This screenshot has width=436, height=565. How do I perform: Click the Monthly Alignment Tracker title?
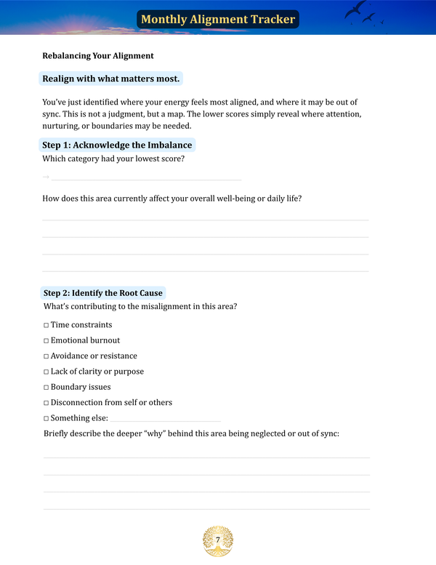click(217, 20)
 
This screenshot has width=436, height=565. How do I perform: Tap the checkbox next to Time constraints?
click(46, 325)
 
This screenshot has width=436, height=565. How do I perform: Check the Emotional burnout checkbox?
click(46, 340)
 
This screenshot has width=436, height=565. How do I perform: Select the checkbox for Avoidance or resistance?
click(46, 356)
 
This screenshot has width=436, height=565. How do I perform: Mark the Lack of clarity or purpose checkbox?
click(46, 372)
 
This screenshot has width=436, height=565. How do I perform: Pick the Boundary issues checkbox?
click(46, 388)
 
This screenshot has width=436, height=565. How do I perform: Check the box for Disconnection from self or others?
click(46, 403)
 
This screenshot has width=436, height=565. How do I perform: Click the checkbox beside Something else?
click(46, 419)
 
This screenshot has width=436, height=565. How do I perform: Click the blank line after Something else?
click(166, 420)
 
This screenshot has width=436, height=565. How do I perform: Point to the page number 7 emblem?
click(217, 540)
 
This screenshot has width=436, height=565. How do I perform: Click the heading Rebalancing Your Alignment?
click(98, 56)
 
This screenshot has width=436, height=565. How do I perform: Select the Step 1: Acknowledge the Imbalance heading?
click(117, 145)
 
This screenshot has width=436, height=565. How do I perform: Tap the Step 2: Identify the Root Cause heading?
click(102, 293)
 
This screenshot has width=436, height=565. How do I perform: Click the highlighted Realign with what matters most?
click(111, 79)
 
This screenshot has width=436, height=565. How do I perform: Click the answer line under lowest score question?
click(146, 179)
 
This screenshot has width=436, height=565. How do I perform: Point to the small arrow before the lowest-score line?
click(46, 177)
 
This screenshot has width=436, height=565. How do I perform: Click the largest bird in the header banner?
click(356, 9)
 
